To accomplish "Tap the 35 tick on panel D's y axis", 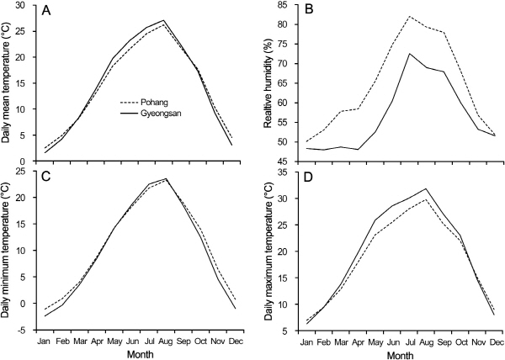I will (282, 172).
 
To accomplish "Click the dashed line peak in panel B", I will (410, 16).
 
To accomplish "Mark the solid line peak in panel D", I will (428, 189).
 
